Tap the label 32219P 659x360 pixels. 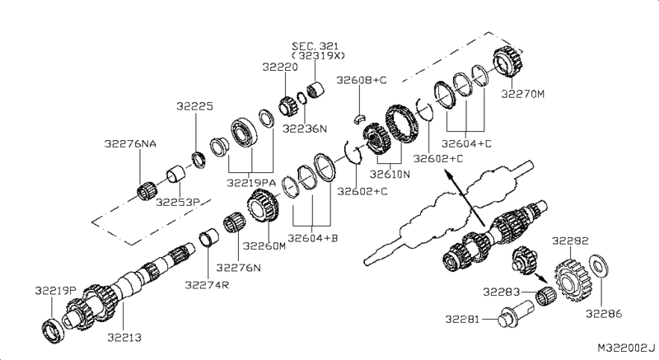pyautogui.click(x=55, y=290)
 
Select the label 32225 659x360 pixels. pyautogui.click(x=194, y=105)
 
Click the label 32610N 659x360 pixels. pyautogui.click(x=389, y=174)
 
